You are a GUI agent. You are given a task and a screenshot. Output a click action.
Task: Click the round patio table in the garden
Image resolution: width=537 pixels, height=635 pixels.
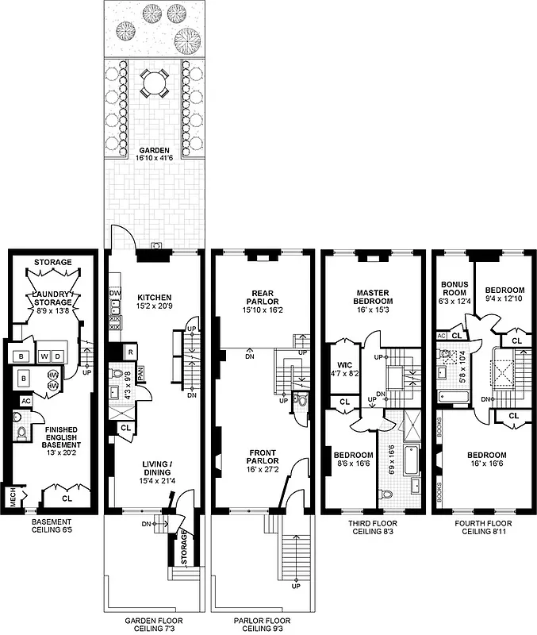(x=152, y=82)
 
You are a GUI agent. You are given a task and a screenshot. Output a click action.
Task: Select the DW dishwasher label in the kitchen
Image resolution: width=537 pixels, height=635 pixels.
(x=114, y=293)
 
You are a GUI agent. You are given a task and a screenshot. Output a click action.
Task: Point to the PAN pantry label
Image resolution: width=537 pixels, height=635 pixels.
(x=140, y=374)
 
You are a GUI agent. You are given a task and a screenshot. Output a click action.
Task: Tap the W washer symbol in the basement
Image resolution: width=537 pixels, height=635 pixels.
(x=44, y=356)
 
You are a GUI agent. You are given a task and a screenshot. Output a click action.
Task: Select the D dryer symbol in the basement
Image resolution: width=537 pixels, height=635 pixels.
(x=57, y=356)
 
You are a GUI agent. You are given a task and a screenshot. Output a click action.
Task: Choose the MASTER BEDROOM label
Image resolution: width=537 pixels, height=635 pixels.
(x=371, y=296)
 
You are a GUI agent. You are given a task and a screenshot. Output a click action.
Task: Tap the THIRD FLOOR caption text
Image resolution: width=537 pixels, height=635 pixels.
(x=372, y=524)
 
